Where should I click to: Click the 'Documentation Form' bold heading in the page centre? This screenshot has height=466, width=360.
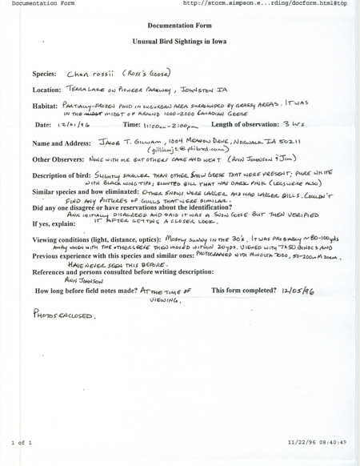(180, 28)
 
